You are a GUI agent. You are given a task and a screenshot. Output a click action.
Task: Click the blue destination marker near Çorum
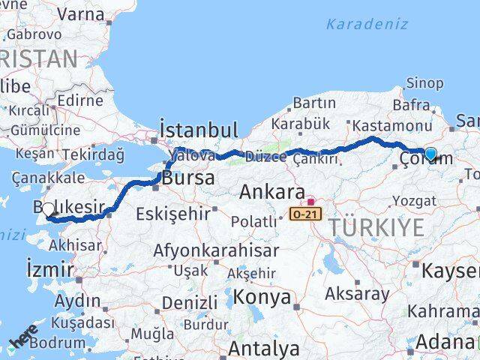(430, 154)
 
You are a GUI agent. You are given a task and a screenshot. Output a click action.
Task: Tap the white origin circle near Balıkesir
(49, 210)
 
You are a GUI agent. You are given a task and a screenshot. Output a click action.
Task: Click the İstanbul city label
(198, 130)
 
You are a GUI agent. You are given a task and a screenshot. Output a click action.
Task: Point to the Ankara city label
(271, 193)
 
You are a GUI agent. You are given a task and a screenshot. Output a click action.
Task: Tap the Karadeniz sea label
(367, 23)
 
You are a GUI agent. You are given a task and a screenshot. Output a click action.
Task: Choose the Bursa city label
(188, 179)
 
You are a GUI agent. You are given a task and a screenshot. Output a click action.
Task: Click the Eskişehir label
(172, 214)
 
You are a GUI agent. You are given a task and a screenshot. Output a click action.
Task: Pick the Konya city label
(262, 297)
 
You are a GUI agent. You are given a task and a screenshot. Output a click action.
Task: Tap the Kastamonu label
(391, 126)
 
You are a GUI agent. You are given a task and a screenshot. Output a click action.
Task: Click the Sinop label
(424, 83)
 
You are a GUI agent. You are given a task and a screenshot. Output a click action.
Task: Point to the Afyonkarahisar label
(216, 250)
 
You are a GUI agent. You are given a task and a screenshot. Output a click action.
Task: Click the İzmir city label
(49, 269)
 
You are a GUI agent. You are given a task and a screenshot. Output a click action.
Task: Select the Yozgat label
(413, 200)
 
